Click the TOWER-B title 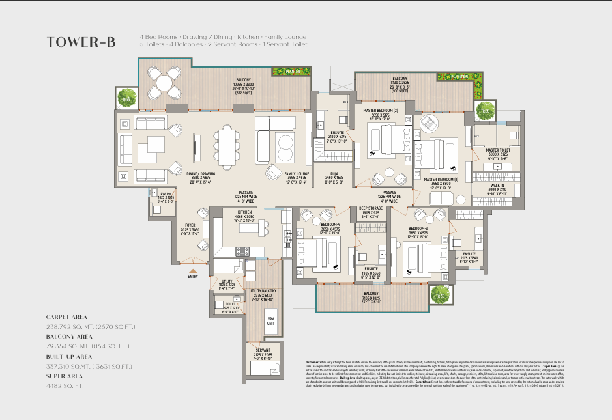click(x=81, y=43)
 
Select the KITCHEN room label click(x=245, y=212)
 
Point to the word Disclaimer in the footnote click(x=315, y=361)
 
